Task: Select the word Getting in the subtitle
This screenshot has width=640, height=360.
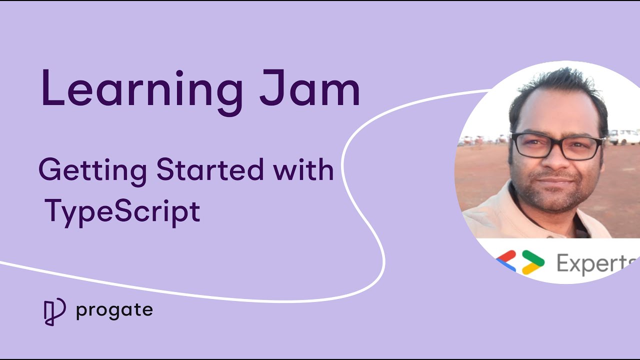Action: (92, 171)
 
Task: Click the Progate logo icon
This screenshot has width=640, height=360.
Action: (54, 311)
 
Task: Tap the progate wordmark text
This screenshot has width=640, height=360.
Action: (114, 311)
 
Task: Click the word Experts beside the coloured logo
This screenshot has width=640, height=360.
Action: (595, 263)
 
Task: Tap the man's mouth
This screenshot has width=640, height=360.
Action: (556, 180)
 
